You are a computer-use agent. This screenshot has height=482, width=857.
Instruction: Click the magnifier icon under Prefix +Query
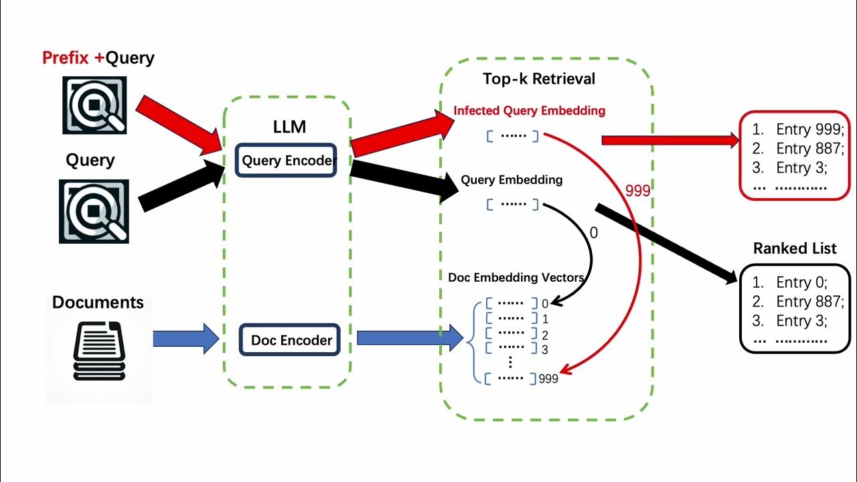point(94,105)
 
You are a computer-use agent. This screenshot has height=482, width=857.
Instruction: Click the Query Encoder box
point(287,161)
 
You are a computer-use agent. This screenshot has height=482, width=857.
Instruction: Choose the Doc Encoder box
point(291,340)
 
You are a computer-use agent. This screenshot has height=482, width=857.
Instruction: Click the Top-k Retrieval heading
point(538,79)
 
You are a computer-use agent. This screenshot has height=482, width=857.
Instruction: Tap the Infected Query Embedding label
point(529,110)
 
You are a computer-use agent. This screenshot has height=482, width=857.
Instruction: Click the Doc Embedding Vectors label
point(516,277)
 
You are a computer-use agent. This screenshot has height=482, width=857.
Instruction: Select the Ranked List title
point(795,248)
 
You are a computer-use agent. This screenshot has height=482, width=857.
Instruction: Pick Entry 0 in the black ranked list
point(801,283)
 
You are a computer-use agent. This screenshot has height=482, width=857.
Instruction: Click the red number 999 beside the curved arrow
point(637,191)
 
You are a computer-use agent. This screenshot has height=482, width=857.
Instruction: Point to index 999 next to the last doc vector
point(548,379)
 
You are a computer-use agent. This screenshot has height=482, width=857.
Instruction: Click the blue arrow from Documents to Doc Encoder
point(185,339)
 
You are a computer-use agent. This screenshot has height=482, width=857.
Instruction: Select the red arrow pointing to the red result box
point(670,140)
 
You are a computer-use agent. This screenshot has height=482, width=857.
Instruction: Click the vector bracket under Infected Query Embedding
point(512,136)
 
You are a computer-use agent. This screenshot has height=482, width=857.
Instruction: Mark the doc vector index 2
point(545,335)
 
